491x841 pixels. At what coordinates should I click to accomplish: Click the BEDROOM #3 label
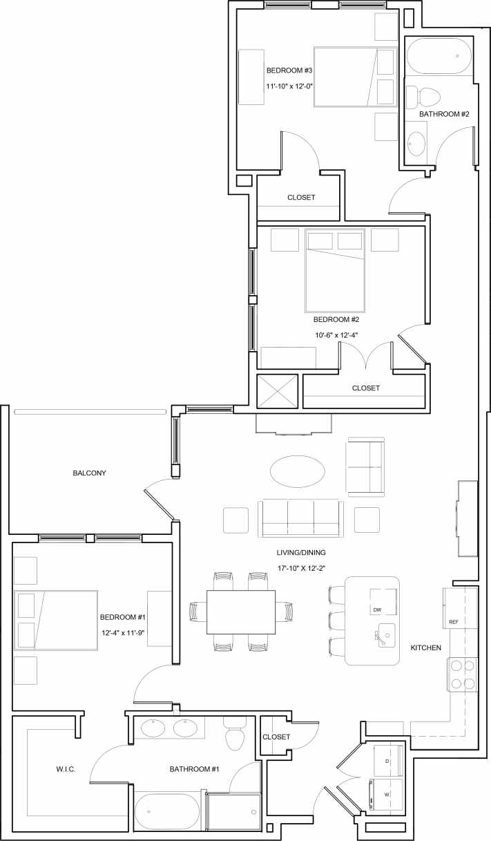pyautogui.click(x=290, y=70)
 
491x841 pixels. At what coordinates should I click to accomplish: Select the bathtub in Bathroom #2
pyautogui.click(x=439, y=56)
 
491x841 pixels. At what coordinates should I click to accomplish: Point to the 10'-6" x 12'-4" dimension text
pyautogui.click(x=336, y=335)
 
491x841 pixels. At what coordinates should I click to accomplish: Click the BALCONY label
pyautogui.click(x=89, y=473)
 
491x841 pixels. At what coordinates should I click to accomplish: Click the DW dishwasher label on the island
pyautogui.click(x=377, y=610)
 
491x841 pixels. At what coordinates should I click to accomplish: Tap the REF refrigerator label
pyautogui.click(x=454, y=622)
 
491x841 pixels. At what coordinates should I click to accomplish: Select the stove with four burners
pyautogui.click(x=463, y=674)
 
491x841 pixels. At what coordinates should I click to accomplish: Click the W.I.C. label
pyautogui.click(x=66, y=769)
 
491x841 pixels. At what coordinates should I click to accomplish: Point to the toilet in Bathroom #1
pyautogui.click(x=235, y=737)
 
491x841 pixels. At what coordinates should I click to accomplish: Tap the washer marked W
pyautogui.click(x=387, y=795)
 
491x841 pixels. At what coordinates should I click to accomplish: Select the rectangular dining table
pyautogui.click(x=241, y=612)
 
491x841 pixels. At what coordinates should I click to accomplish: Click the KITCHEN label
pyautogui.click(x=426, y=648)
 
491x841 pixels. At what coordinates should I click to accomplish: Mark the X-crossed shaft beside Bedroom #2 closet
pyautogui.click(x=278, y=391)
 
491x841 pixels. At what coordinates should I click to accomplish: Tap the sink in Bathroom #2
pyautogui.click(x=416, y=143)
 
